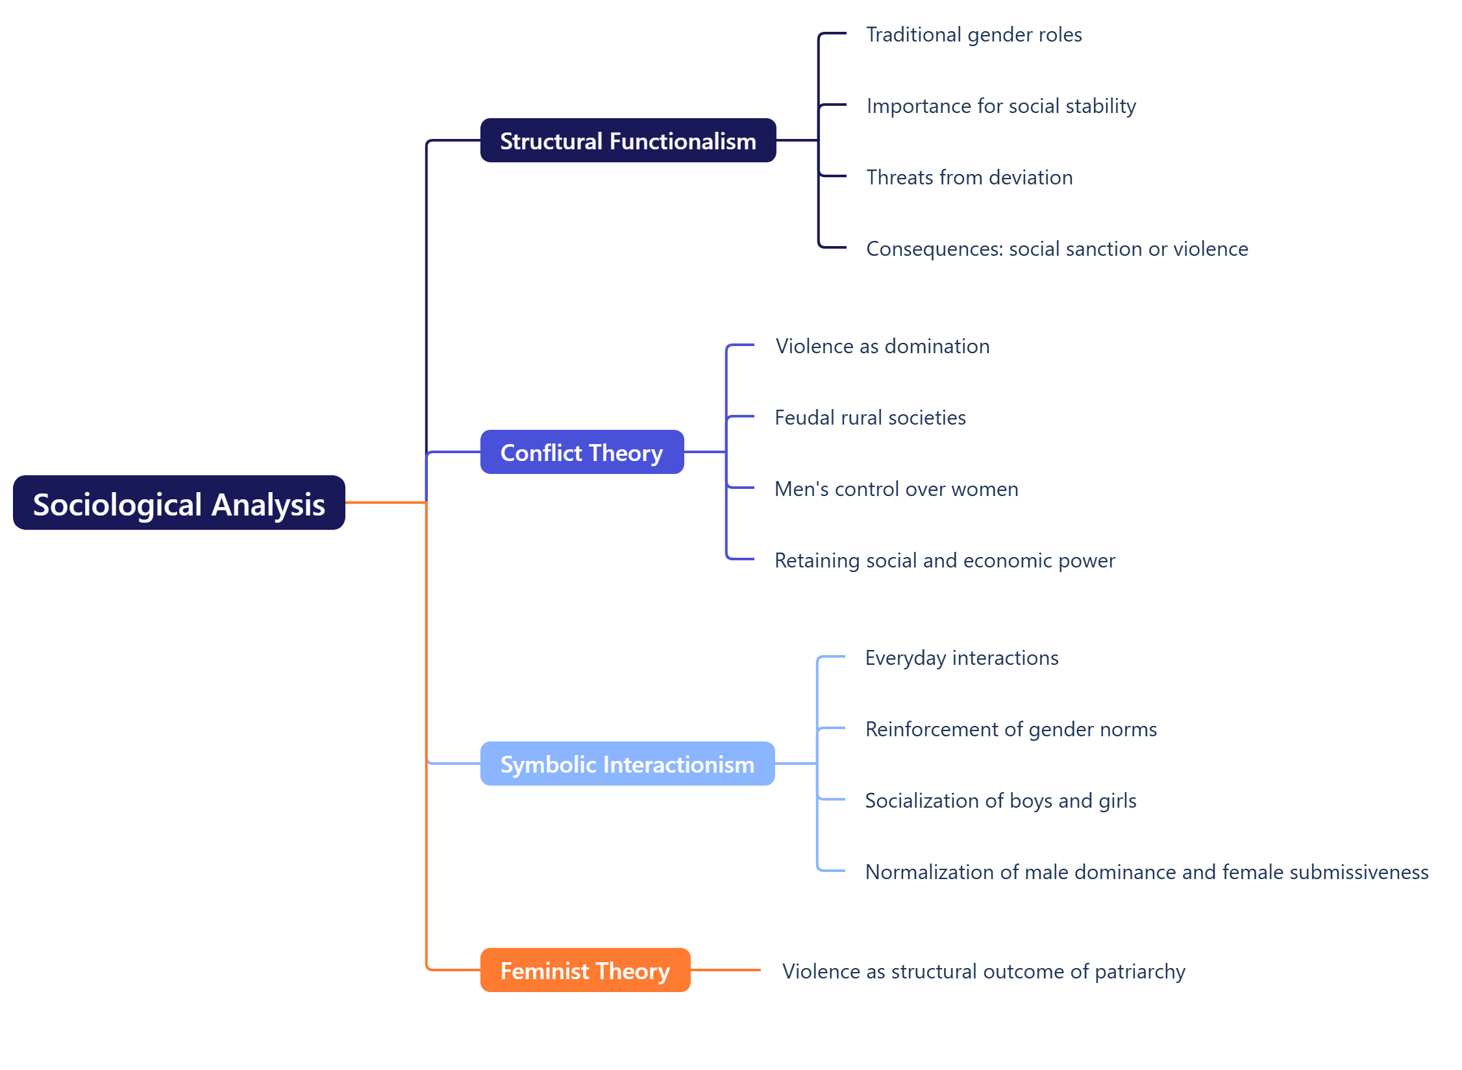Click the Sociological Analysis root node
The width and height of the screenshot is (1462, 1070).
pos(179,503)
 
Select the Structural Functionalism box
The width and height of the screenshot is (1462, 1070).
pos(628,140)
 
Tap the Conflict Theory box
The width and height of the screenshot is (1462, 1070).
pos(582,452)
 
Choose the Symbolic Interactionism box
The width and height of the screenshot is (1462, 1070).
pos(627,764)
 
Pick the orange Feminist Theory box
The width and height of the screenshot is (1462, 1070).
pos(585,970)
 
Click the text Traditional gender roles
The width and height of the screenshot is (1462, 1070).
pos(974,34)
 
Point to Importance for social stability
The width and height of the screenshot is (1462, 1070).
pos(1001,106)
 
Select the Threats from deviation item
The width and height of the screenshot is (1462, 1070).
pos(969,177)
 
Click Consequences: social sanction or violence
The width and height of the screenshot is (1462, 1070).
pos(1057,249)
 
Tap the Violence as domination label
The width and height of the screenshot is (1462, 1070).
pos(882,346)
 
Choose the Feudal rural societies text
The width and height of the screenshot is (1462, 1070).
pos(870,417)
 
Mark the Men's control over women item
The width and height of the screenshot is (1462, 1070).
pos(896,489)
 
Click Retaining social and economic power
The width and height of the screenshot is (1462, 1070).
pos(945,560)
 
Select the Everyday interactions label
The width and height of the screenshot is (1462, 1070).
pos(961,658)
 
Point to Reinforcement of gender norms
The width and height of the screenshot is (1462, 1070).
pos(1011,729)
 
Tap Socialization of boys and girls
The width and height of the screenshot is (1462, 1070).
pos(1000,801)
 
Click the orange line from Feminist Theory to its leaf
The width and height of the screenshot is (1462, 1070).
pos(725,970)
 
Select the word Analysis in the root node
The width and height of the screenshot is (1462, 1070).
pos(268,504)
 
